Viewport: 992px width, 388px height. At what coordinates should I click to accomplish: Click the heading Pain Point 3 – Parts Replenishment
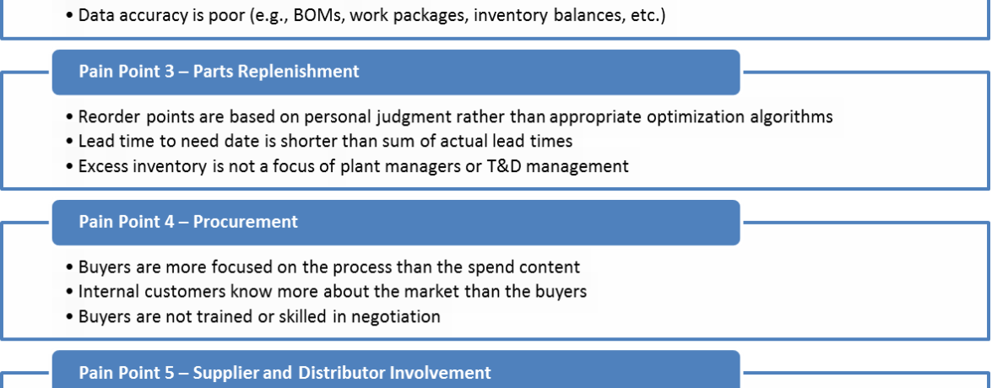coord(219,71)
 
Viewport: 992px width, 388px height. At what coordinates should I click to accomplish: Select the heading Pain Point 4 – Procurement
coord(188,222)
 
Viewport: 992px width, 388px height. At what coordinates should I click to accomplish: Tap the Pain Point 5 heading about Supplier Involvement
coord(285,372)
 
